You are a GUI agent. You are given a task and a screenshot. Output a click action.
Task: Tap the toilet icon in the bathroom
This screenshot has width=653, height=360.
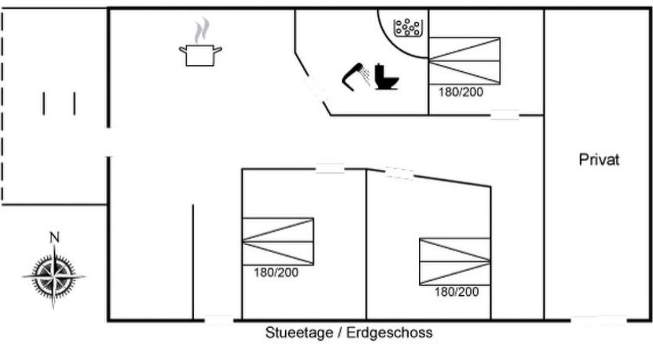coord(385,77)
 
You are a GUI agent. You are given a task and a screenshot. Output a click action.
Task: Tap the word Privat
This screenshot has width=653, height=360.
coord(599,160)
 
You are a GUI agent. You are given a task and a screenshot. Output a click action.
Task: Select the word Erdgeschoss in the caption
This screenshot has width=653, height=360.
coord(396,333)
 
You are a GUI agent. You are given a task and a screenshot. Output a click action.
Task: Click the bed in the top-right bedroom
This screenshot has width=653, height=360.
coord(464,60)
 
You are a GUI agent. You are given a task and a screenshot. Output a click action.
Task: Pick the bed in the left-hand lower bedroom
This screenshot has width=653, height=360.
coord(278,241)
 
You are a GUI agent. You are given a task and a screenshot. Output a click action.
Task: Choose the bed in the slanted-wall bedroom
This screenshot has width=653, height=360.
coord(455,261)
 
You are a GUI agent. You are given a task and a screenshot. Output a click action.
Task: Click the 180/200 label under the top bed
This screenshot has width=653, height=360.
coord(461,92)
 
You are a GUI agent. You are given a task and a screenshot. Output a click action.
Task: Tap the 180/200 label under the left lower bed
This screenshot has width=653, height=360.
coord(276,272)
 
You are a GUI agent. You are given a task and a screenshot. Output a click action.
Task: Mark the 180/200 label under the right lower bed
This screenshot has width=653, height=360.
coord(456,292)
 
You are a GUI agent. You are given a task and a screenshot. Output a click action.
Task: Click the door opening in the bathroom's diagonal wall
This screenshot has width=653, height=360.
coord(315,88)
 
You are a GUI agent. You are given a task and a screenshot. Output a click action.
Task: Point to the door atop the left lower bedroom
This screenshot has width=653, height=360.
coord(330,168)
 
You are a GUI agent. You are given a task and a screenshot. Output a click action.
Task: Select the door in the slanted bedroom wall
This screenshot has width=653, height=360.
coord(399,173)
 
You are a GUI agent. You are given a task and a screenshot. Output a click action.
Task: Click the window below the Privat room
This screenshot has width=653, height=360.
coord(598,319)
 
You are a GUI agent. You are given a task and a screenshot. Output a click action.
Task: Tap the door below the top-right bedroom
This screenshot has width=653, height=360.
coord(505,115)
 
